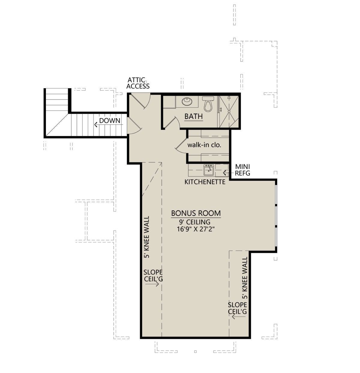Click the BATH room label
coord(193,116)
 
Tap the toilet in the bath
coord(208,104)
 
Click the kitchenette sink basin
coord(208,170)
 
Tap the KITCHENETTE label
coord(205,182)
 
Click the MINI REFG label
coord(242,170)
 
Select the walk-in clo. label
coord(204,145)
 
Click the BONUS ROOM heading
coord(196,213)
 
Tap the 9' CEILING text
coord(195,222)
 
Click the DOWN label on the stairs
coord(109,121)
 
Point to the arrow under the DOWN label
coord(108,125)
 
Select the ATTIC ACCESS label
coord(138,83)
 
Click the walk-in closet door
coord(181,145)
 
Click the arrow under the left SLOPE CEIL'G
coord(152,284)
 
